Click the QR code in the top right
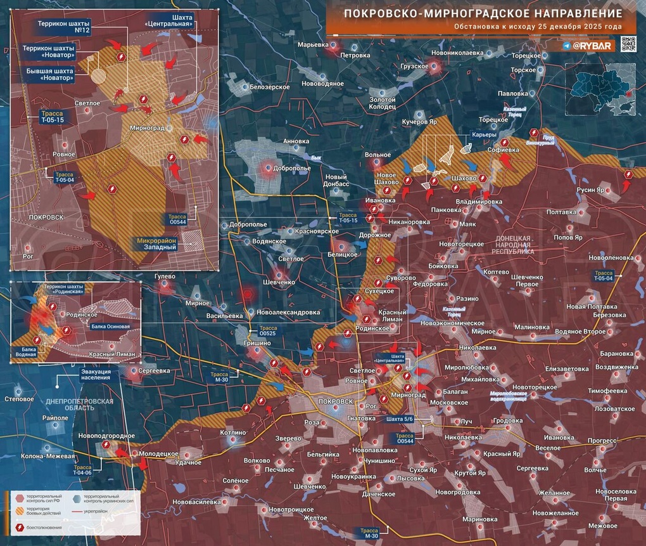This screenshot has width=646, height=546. (628, 44)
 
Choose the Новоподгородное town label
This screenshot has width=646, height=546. (107, 436)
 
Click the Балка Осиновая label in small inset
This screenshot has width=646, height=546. (111, 327)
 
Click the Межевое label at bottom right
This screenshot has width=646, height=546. (602, 526)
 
